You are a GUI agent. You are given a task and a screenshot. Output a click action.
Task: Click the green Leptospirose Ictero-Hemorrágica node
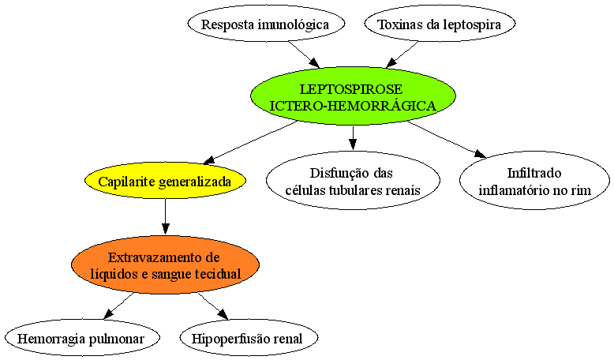pyautogui.click(x=353, y=96)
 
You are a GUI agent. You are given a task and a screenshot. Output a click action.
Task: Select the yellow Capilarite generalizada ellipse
pyautogui.click(x=165, y=181)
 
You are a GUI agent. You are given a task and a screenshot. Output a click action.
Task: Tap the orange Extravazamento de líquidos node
pyautogui.click(x=165, y=264)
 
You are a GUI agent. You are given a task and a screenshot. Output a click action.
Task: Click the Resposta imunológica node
pyautogui.click(x=266, y=24)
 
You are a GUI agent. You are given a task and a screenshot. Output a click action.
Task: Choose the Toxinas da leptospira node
pyautogui.click(x=440, y=24)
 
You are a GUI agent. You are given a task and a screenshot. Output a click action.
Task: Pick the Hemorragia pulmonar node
pyautogui.click(x=82, y=338)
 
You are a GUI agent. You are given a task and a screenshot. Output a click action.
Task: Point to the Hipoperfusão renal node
pyautogui.click(x=249, y=338)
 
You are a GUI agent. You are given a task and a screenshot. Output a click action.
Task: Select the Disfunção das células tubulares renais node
pyautogui.click(x=353, y=181)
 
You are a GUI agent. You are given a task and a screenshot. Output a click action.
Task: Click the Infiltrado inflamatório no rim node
pyautogui.click(x=534, y=181)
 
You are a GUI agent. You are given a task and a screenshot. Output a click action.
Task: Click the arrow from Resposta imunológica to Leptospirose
pyautogui.click(x=305, y=54)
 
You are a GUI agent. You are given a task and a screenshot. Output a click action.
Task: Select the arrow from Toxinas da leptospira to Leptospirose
pyautogui.click(x=402, y=54)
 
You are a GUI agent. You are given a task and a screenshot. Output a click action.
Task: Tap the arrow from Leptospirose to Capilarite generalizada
pyautogui.click(x=251, y=142)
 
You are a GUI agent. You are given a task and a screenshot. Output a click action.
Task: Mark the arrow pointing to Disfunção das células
pyautogui.click(x=353, y=138)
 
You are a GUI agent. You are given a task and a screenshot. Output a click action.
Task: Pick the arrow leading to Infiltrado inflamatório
pyautogui.click(x=447, y=140)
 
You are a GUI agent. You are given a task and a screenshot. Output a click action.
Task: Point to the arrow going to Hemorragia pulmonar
pyautogui.click(x=118, y=306)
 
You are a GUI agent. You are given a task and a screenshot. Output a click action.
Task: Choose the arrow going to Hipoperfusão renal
pyautogui.click(x=213, y=306)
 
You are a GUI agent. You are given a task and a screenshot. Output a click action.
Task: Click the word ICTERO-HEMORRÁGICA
pyautogui.click(x=353, y=105)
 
